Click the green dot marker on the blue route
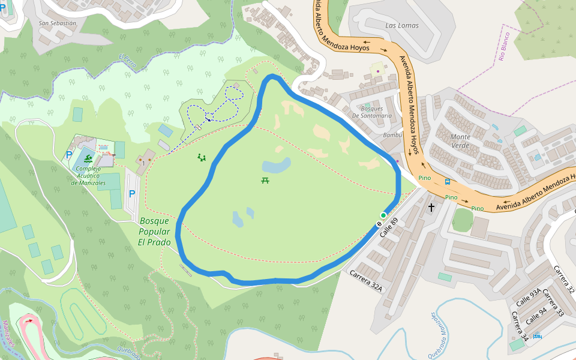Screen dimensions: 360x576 pyautogui.click(x=383, y=215)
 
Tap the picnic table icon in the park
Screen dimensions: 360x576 pyautogui.click(x=265, y=180)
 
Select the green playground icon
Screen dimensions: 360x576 pyautogui.click(x=202, y=158)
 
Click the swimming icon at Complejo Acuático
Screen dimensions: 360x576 pyautogui.click(x=88, y=158)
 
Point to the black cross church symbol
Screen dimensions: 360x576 pyautogui.click(x=431, y=208)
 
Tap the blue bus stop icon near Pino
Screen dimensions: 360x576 pyautogui.click(x=448, y=181)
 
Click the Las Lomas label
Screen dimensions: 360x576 pyautogui.click(x=402, y=25)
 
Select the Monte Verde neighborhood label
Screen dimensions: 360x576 pyautogui.click(x=460, y=141)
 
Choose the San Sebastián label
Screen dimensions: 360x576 pyautogui.click(x=58, y=23)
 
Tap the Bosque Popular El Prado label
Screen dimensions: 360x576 pyautogui.click(x=155, y=232)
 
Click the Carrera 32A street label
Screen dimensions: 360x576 pyautogui.click(x=366, y=280)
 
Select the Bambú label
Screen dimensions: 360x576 pyautogui.click(x=392, y=135)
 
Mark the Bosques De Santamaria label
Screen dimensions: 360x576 pyautogui.click(x=372, y=112)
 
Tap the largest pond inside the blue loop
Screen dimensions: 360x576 pyautogui.click(x=276, y=165)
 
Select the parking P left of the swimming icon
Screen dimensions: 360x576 pyautogui.click(x=70, y=155)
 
